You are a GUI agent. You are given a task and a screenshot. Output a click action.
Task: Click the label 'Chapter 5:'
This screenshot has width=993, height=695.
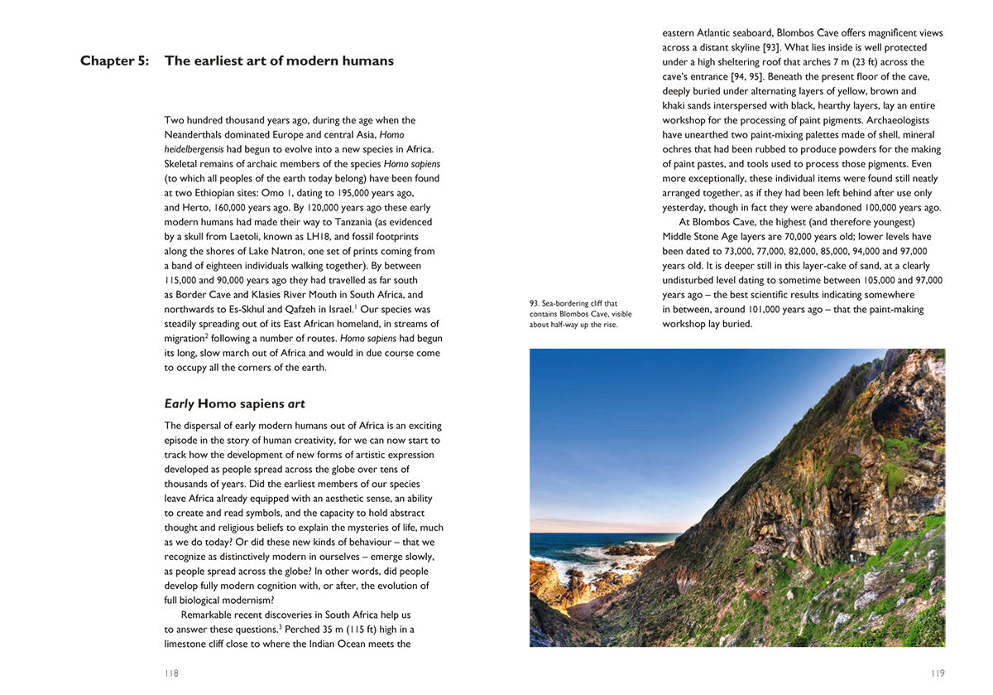114,60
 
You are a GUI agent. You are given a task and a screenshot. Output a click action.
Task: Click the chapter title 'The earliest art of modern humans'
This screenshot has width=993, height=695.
279,60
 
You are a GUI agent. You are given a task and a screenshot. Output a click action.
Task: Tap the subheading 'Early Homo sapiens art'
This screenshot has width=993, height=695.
234,404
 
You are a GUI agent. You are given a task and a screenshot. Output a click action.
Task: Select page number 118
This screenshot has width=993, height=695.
171,673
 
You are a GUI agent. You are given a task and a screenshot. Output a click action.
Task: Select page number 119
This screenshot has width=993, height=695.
937,673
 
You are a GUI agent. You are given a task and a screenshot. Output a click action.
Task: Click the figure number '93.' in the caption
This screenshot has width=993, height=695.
535,303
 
